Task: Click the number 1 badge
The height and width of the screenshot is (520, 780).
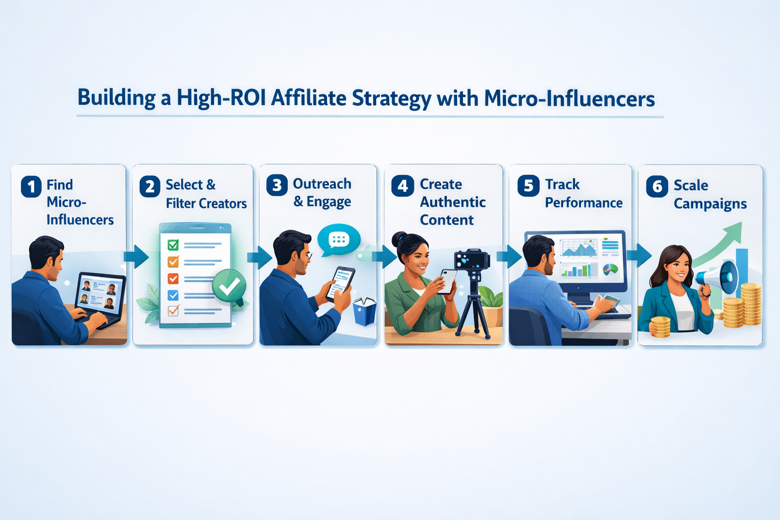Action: pyautogui.click(x=31, y=186)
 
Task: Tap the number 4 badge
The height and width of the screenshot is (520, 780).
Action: pyautogui.click(x=403, y=186)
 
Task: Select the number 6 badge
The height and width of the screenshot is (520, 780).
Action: pyautogui.click(x=657, y=186)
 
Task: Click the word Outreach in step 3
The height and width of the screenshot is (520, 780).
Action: pyautogui.click(x=322, y=184)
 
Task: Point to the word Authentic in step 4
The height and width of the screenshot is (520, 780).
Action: pyautogui.click(x=452, y=202)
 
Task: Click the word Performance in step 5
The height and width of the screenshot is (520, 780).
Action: pyautogui.click(x=583, y=203)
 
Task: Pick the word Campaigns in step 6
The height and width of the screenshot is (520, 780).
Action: pyautogui.click(x=710, y=204)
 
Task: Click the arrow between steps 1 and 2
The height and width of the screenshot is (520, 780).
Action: pyautogui.click(x=136, y=256)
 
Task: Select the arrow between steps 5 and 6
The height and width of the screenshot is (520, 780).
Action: pyautogui.click(x=639, y=255)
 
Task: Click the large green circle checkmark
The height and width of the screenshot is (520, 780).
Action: pyautogui.click(x=229, y=286)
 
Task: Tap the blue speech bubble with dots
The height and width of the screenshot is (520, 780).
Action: pyautogui.click(x=339, y=239)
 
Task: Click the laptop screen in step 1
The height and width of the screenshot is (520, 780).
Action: pyautogui.click(x=99, y=294)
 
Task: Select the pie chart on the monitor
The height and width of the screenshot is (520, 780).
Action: pyautogui.click(x=610, y=269)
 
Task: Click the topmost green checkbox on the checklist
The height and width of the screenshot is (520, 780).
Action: pyautogui.click(x=173, y=245)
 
